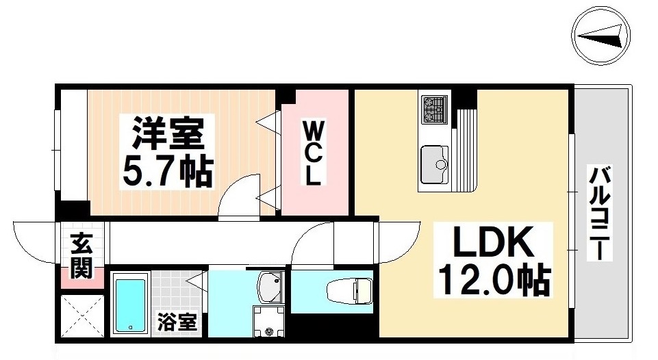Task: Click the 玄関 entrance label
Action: (81, 256)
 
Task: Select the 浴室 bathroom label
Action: (177, 321)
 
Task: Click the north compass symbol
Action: (599, 38)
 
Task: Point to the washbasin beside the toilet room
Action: (269, 287)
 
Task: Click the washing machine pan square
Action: (268, 321)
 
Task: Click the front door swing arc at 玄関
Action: (34, 240)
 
